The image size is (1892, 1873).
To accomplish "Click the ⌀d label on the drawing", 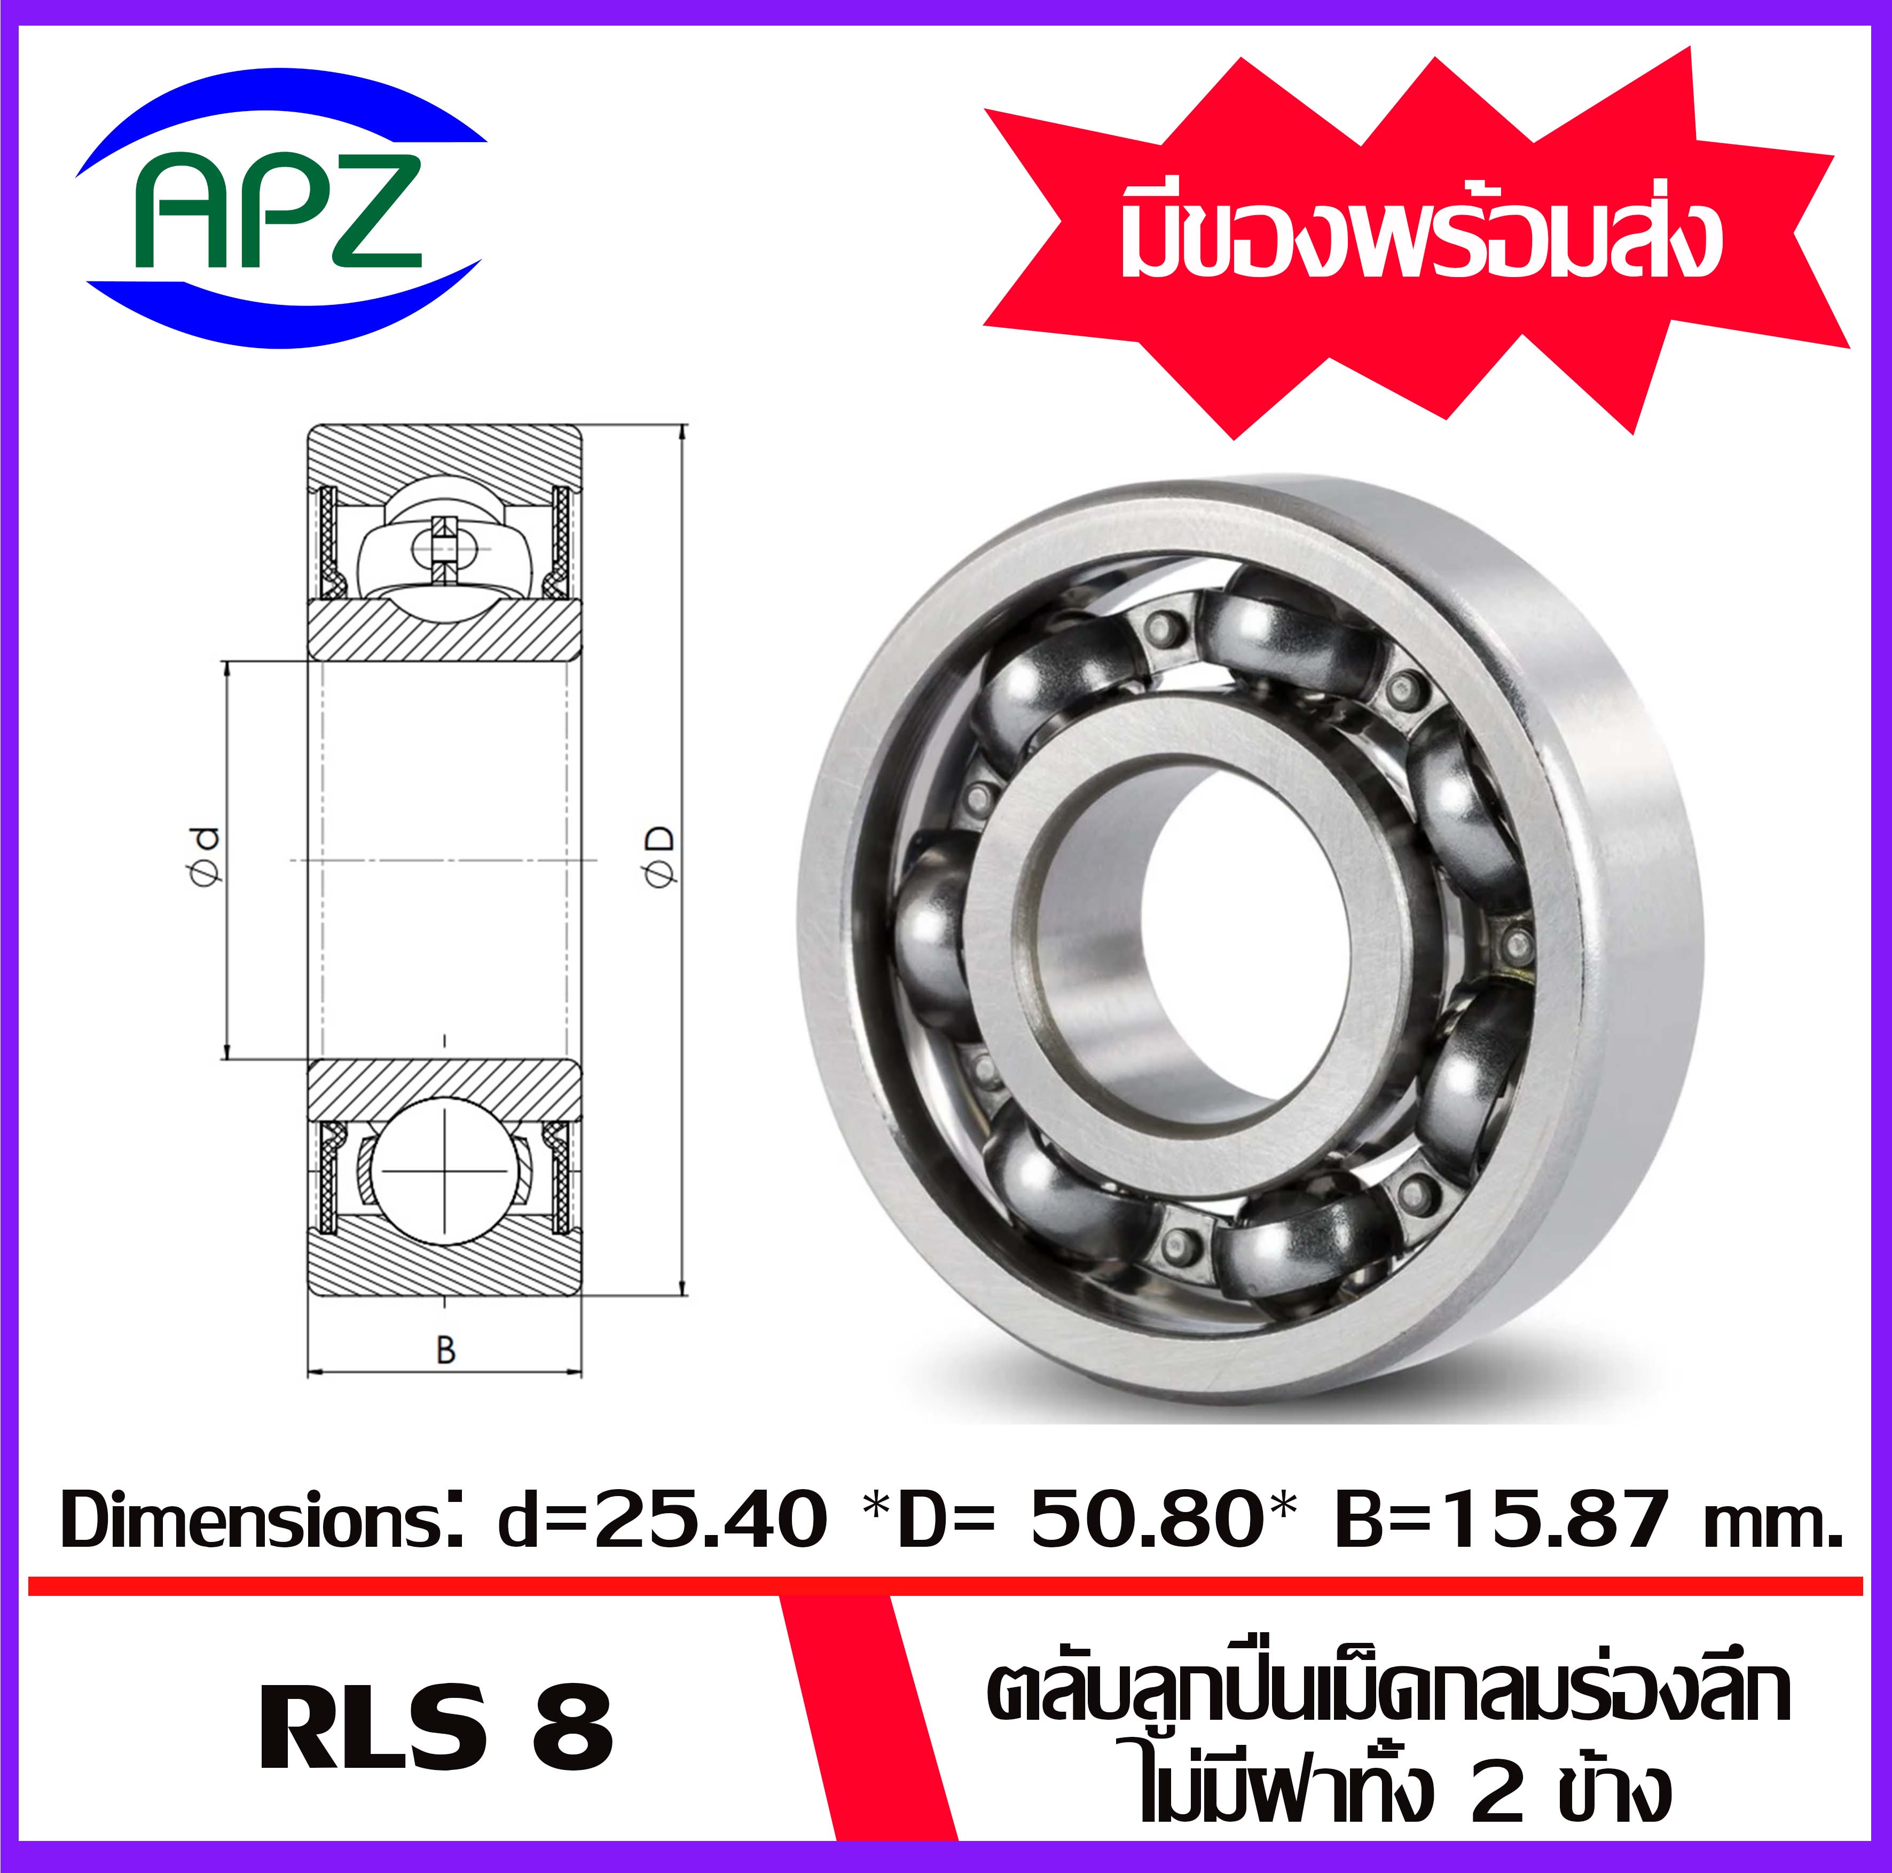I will pyautogui.click(x=206, y=857).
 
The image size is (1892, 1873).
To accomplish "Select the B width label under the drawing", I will pyautogui.click(x=445, y=1351).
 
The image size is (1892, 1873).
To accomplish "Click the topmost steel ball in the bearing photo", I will pyautogui.click(x=1273, y=627).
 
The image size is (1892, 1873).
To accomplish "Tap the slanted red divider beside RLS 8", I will pyautogui.click(x=867, y=1723).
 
